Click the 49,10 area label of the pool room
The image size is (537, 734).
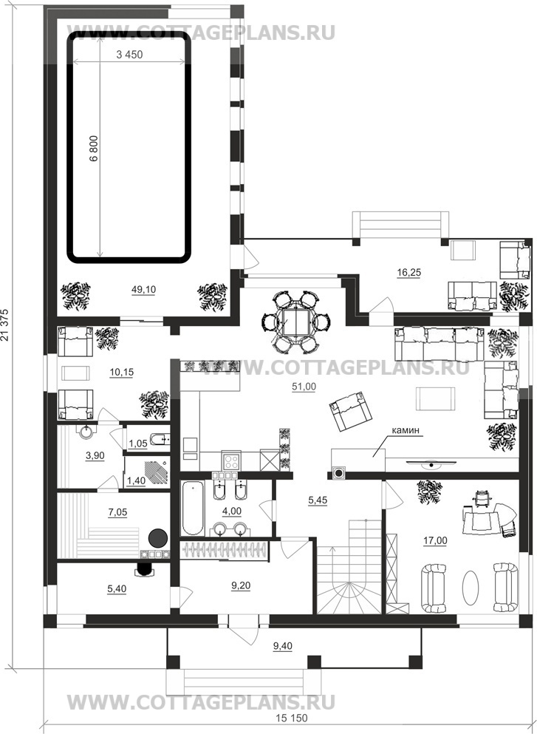coord(143,290)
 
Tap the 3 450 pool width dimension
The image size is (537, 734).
coord(129,55)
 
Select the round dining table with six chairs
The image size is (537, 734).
coord(296,322)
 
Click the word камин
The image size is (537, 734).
coord(404,429)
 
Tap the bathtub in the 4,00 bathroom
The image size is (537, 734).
coord(193,508)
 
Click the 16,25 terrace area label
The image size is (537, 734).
coord(408,273)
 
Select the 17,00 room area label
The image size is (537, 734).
coord(435,540)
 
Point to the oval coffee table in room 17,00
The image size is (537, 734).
coord(471,588)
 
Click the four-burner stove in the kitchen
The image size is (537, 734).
coord(231,461)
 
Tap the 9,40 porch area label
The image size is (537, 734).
coord(282,647)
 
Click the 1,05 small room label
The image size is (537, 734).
coord(138,444)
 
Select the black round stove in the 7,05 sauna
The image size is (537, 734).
coord(158,538)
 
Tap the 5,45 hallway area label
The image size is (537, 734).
coord(318,500)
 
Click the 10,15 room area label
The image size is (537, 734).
coord(122,372)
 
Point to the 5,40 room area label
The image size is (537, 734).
coord(117,588)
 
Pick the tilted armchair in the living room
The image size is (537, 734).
coord(350,411)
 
